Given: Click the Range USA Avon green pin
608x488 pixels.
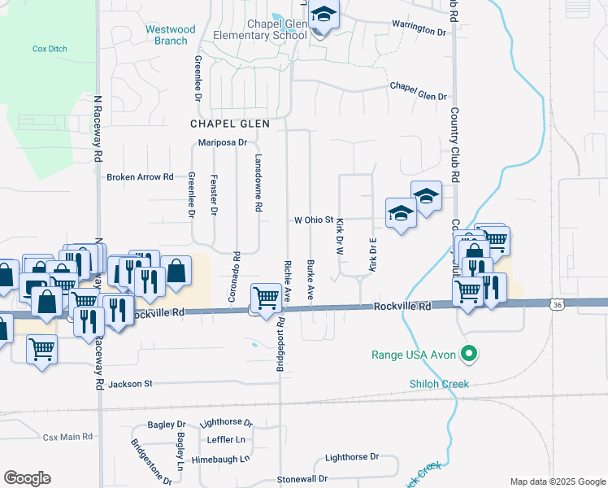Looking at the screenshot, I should pos(467,355).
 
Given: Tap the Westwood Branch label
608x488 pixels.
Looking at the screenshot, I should pos(171,35).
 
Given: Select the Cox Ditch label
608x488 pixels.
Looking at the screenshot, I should pos(50,49).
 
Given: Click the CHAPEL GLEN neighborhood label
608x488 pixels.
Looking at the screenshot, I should pos(224,124).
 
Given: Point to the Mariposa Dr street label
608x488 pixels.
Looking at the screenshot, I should pos(222,142).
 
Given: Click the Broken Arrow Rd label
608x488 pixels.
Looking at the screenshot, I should pos(141,176).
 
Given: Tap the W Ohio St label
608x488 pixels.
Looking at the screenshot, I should pos(314,220).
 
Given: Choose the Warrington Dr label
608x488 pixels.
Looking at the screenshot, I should pos(419,30).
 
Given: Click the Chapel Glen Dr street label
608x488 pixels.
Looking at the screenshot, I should pos(418,90).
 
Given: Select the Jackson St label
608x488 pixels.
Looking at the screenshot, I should pos(130,383).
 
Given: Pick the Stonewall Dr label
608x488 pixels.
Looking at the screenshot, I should pos(302,479).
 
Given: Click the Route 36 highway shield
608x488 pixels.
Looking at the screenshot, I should pos(557,304).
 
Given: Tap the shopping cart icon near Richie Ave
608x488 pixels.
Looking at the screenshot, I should pos(266,298).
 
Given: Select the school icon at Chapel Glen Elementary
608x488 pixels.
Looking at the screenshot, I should pos(324,16).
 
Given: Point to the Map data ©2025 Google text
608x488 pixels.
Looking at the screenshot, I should pos(557,481).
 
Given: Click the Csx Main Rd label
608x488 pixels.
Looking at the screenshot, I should pos(68,437).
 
